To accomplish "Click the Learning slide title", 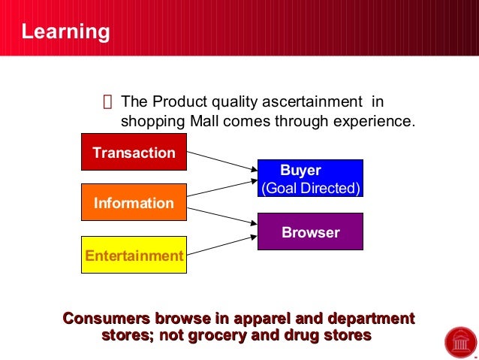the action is tap(65, 32).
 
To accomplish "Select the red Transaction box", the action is tap(134, 153).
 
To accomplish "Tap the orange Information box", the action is tap(134, 203).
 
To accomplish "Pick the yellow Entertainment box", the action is tap(134, 256).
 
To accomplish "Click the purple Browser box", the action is tap(310, 232).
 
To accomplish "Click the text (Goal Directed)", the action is tap(310, 188).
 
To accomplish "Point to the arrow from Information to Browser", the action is tap(221, 210).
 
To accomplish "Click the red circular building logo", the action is tap(459, 342).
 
